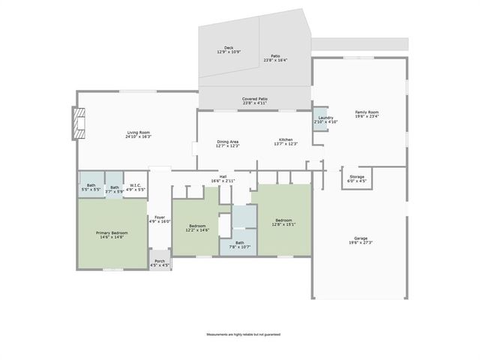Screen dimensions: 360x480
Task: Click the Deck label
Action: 229,49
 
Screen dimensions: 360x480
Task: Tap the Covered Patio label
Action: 255,100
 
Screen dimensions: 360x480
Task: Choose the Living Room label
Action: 138,134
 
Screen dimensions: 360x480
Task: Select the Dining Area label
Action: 227,143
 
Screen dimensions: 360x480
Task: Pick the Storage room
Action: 356,178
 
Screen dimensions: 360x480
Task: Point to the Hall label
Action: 223,178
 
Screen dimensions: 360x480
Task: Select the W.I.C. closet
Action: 135,187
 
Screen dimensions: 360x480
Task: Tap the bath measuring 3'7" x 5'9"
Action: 114,188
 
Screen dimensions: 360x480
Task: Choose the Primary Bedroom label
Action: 112,235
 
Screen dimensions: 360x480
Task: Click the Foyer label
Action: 160,219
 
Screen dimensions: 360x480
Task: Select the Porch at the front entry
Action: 160,263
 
